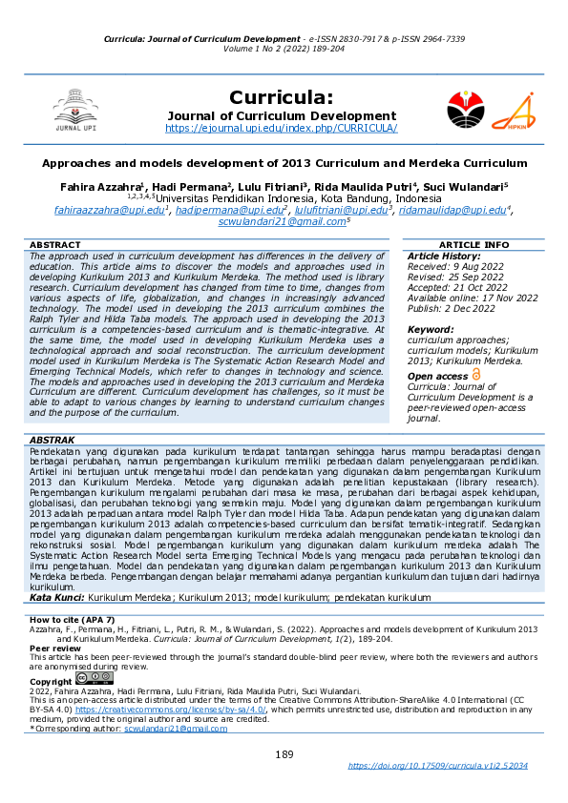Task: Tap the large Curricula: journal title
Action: [282, 97]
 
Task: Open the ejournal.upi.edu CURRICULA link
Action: [282, 128]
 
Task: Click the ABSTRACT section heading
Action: [54, 245]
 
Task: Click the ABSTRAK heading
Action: [53, 438]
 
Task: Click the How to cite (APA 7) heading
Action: [73, 621]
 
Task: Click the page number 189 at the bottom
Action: [284, 754]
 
